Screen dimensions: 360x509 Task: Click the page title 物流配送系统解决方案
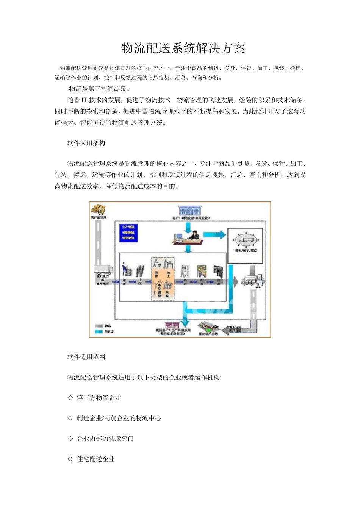pos(183,48)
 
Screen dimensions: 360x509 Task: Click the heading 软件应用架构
pos(86,143)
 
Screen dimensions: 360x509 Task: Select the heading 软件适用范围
pos(86,357)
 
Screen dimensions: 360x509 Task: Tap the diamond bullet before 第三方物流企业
pos(70,398)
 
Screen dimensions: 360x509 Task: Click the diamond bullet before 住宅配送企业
pos(70,459)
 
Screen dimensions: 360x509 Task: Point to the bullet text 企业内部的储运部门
pos(105,439)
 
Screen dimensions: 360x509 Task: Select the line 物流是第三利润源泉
pos(100,89)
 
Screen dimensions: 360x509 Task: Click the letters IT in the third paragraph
pos(85,100)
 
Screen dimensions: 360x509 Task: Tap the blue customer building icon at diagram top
pos(189,211)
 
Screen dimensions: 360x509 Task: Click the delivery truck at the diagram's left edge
pos(103,269)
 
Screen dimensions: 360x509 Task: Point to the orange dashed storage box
pos(163,278)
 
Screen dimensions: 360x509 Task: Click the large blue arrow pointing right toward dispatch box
pos(215,234)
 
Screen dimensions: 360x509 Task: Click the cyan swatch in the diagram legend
pos(99,332)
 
